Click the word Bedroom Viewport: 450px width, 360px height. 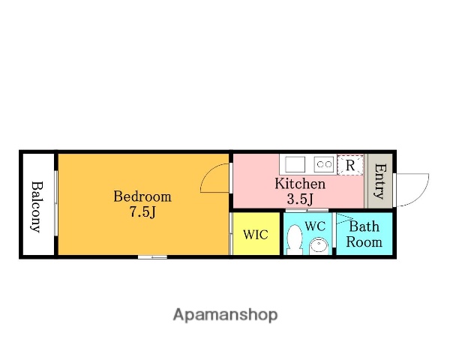[x=142, y=196]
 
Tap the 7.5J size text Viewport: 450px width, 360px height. [x=142, y=212]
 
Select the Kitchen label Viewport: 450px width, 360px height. [x=300, y=184]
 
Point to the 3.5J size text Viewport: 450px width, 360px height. [x=300, y=199]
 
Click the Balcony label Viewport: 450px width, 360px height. [x=37, y=206]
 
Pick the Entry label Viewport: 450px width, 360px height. [x=380, y=181]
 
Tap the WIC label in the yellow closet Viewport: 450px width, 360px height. [x=256, y=235]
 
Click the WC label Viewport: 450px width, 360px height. [x=315, y=226]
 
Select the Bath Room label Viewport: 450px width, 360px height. [x=364, y=234]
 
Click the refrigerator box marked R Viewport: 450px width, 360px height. [x=350, y=165]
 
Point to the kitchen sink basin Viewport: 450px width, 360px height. [x=295, y=164]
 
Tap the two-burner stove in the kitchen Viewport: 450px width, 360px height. [x=324, y=164]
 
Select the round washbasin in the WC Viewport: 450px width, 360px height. [x=318, y=246]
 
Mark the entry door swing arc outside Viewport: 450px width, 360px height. [x=421, y=195]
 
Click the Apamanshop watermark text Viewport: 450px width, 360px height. [x=225, y=315]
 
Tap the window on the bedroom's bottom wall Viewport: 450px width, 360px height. [x=152, y=257]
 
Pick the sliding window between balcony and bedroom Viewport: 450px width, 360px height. [x=56, y=203]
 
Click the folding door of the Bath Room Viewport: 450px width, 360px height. [x=345, y=218]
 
